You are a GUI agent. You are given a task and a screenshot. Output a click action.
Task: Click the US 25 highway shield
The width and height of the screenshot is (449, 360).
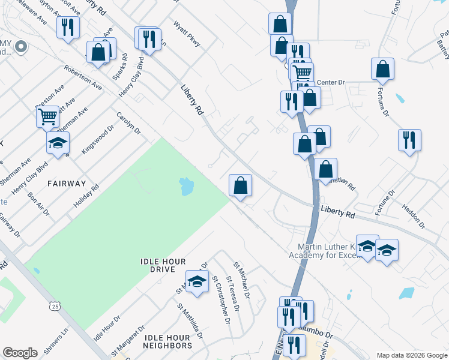click(55, 307)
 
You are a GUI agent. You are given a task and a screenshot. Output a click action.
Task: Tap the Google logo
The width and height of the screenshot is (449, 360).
click(20, 353)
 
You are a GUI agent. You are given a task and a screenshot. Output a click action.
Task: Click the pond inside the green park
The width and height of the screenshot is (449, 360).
click(187, 187)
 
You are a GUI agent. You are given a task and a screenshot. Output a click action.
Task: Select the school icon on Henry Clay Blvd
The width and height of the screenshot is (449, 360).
click(58, 142)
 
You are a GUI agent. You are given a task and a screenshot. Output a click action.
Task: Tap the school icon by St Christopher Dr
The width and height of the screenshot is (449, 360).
click(196, 282)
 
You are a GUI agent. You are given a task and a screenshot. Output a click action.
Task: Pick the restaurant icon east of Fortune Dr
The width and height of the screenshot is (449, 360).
click(409, 140)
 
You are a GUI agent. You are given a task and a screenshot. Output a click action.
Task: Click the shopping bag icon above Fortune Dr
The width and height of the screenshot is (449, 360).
click(382, 69)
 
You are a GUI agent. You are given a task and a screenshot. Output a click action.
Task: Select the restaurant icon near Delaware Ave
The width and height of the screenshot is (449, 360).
click(68, 27)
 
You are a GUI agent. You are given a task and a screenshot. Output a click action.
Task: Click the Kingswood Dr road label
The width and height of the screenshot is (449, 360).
click(97, 139)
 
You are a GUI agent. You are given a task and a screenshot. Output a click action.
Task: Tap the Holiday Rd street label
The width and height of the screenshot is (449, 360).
click(87, 197)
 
